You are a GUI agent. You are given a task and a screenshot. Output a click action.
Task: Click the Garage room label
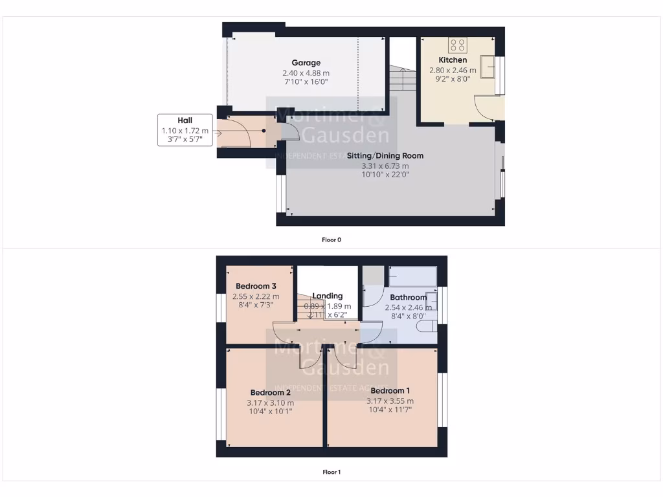[306, 63]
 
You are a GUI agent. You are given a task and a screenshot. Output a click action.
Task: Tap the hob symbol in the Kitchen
[457, 45]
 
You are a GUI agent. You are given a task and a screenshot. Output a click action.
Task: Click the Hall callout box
[185, 130]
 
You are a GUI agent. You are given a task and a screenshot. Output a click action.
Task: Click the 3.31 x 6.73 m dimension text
[385, 166]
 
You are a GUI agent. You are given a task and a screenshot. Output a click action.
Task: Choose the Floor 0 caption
[331, 239]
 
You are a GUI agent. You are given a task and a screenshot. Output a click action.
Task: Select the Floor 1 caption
[331, 472]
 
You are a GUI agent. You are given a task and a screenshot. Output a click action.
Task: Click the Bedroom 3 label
[256, 286]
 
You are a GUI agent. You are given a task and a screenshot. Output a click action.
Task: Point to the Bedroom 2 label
[271, 392]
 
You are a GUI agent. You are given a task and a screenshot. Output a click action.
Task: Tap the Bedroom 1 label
[390, 391]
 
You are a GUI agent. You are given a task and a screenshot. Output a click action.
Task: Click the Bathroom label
[408, 298]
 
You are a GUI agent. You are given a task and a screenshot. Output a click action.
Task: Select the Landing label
[327, 296]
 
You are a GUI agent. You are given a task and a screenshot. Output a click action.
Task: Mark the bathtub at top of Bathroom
[413, 277]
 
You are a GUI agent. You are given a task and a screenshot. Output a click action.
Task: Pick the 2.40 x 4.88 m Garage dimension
[306, 72]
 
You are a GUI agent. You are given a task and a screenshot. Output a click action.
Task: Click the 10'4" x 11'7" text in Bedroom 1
[390, 410]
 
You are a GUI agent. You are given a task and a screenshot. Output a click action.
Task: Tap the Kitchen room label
[453, 60]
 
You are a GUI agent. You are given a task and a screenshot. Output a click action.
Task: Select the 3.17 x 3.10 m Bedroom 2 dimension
[271, 403]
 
